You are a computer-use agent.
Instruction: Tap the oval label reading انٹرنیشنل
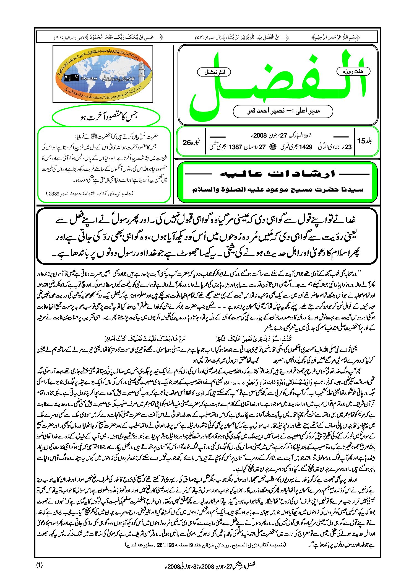coord(214,72)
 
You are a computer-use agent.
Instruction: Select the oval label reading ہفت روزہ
coord(353,71)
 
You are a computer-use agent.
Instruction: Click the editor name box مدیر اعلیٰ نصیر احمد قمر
coord(283,111)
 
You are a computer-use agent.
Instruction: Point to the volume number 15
coord(361,141)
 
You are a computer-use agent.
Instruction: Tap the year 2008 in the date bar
coord(259,136)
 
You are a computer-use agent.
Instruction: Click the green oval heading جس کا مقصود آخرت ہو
coord(106,117)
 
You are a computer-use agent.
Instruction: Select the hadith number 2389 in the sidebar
coord(54,194)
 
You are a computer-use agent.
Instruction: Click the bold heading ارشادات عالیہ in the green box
coord(277,174)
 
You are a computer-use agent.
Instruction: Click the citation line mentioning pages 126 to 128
coord(205,545)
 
